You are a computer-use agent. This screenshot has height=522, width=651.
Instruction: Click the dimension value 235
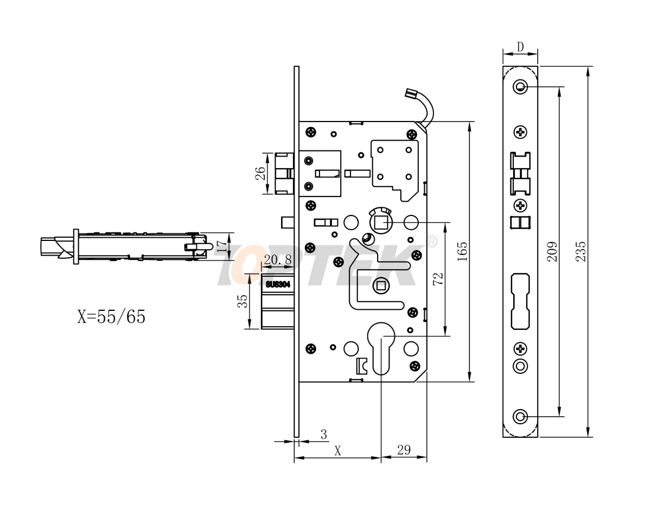(x=581, y=252)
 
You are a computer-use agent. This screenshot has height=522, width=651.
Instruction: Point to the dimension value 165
(x=462, y=252)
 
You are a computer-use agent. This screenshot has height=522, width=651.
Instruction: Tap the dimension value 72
(x=438, y=279)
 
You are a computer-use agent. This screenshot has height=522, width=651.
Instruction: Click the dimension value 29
(x=404, y=450)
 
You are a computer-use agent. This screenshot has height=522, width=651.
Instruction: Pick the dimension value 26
(x=260, y=174)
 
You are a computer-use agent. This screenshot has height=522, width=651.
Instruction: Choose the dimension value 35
(x=242, y=301)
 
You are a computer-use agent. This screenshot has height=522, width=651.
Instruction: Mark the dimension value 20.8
(x=277, y=260)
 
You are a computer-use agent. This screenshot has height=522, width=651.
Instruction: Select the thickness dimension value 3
(x=324, y=434)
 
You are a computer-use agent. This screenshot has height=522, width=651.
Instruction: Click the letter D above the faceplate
(x=520, y=47)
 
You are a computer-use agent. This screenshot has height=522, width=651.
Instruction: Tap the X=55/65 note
(x=111, y=316)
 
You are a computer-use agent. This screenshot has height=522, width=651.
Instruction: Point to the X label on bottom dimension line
(x=337, y=450)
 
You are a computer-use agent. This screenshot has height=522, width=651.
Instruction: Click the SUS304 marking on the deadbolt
(x=278, y=283)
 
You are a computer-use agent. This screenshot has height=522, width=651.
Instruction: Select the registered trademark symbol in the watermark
(x=432, y=241)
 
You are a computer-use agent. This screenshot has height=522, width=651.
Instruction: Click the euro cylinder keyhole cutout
(x=381, y=347)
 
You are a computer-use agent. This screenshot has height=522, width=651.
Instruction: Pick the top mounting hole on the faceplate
(x=520, y=86)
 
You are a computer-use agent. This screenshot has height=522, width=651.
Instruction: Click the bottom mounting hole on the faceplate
(x=520, y=417)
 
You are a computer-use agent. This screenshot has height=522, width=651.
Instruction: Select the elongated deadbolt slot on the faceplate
(x=520, y=301)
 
